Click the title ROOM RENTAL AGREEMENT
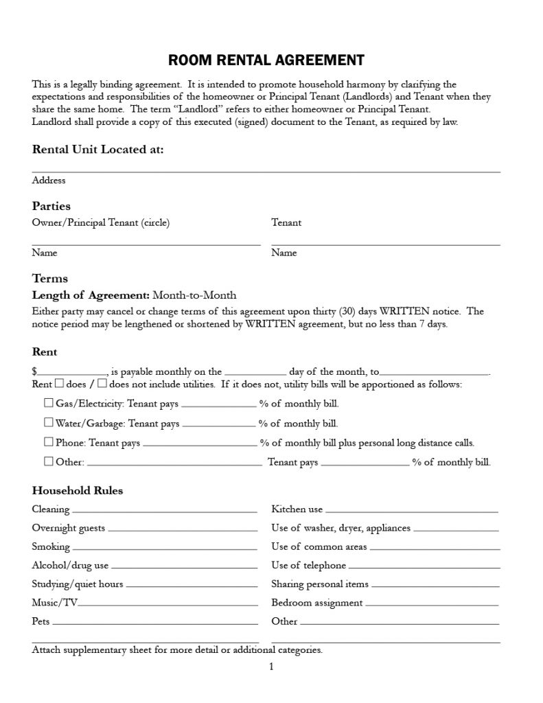pos(266,60)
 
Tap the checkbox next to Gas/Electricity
pos(49,403)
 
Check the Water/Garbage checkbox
pos(49,422)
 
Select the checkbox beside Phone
pos(49,441)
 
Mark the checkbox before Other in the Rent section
pos(49,461)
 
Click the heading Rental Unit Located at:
pos(97,150)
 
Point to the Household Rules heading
pos(78,490)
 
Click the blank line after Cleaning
pos(164,511)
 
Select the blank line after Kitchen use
pos(411,511)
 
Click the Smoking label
pos(51,546)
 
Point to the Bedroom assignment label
pos(316,603)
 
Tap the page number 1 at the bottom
pos(271,666)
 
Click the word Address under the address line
pos(49,181)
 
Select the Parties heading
pos(51,206)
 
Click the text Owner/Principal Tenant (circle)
pos(100,222)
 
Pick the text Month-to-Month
pos(194,295)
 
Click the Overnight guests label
pos(68,528)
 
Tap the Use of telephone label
pos(308,566)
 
